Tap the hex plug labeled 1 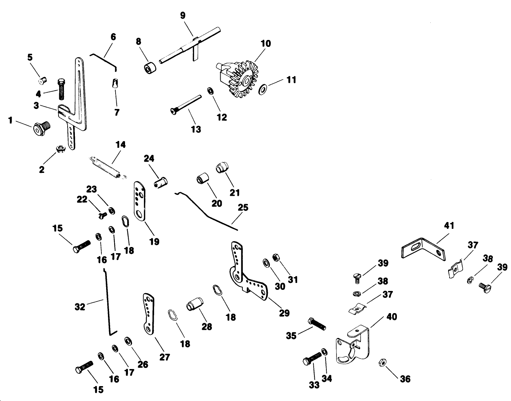[x=41, y=128]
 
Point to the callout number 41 [x=449, y=226]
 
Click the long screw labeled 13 [x=186, y=104]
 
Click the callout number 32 [x=80, y=307]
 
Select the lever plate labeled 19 [x=140, y=201]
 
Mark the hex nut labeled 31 [x=275, y=256]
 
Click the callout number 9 [x=183, y=15]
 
